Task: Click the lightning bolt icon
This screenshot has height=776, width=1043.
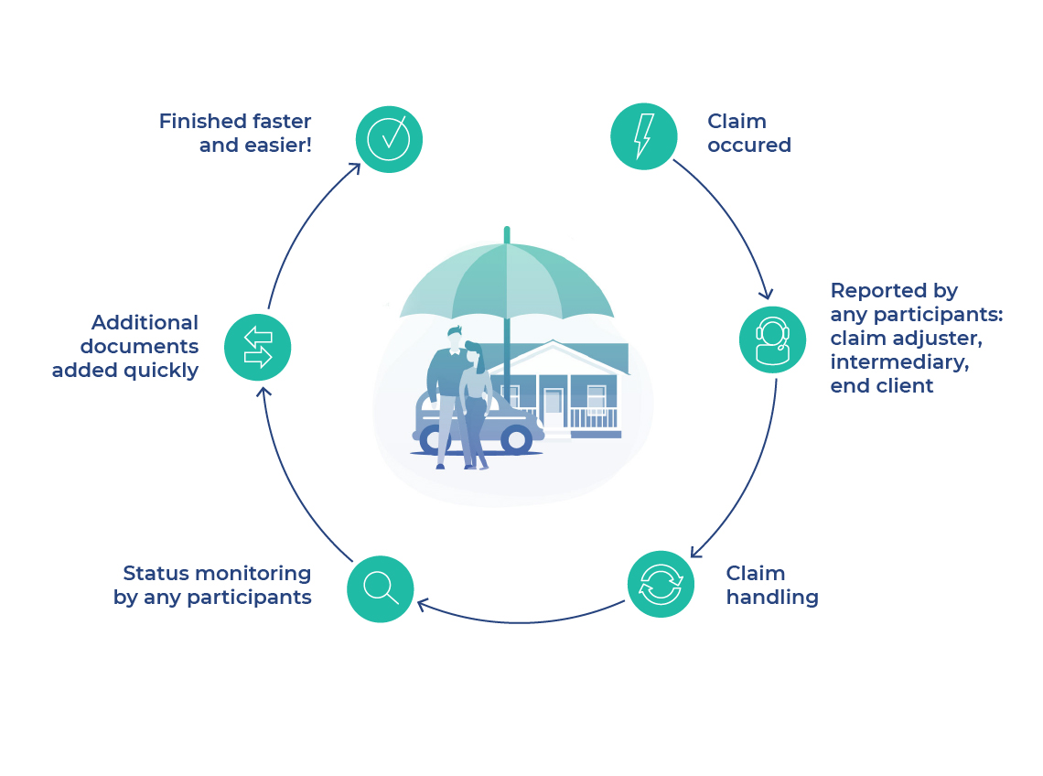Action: coord(644,136)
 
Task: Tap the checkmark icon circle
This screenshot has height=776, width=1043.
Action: coord(389,139)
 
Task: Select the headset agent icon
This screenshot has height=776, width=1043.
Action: coord(772,339)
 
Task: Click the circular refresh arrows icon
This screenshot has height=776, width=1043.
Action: coord(661,584)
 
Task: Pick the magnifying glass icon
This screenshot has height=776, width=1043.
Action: coord(381,589)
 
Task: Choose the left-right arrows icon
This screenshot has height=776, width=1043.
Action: coord(258,348)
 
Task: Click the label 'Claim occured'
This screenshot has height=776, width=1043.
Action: coord(748,134)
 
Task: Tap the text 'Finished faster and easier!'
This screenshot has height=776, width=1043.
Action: coord(235,134)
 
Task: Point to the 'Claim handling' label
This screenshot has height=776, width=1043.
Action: coord(771,586)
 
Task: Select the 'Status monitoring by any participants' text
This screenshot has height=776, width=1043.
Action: coord(212,586)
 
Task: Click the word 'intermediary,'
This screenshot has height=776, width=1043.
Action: coord(898,362)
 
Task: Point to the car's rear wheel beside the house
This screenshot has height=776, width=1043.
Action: coord(517,440)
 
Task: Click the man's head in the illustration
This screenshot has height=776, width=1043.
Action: coord(453,336)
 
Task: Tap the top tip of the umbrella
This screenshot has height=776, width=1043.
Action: coord(507,231)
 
